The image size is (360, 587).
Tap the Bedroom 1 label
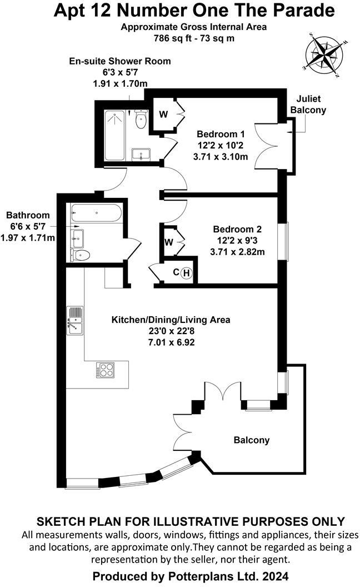(x=221, y=134)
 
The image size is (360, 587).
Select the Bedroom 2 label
(x=237, y=229)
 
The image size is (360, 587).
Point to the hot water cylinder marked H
(x=187, y=272)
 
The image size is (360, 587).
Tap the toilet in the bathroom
(x=81, y=255)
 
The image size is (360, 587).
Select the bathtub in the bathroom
(x=95, y=212)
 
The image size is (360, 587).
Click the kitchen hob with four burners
(x=106, y=370)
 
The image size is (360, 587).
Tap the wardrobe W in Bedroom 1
(x=163, y=115)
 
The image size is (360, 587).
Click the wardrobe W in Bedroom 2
(x=169, y=242)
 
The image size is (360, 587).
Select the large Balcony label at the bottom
(x=251, y=440)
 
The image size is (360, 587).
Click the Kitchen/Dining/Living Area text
(x=171, y=320)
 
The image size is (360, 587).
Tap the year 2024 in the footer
(x=275, y=576)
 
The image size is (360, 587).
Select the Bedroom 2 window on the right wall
(x=287, y=241)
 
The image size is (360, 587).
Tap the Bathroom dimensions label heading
(x=27, y=215)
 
